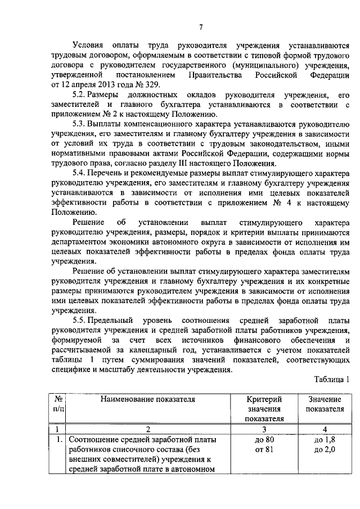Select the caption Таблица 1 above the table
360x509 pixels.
click(331, 379)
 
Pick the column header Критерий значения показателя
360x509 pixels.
click(264, 408)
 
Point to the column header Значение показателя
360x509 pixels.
click(325, 404)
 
